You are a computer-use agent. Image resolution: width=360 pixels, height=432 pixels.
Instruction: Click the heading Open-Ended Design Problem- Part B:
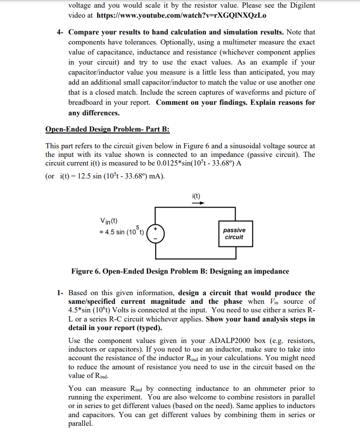[x=107, y=130]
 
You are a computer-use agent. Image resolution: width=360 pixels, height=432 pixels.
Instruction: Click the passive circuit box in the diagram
[x=234, y=233]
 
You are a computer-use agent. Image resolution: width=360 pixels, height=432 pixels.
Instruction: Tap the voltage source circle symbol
[x=156, y=233]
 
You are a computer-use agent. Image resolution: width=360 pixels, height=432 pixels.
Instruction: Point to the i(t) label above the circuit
[x=195, y=195]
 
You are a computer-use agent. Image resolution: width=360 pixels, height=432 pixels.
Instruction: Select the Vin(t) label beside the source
[x=109, y=221]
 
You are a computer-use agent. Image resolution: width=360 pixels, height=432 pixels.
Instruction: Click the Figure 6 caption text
[x=180, y=271]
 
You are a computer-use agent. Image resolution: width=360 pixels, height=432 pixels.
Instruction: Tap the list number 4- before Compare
[x=60, y=32]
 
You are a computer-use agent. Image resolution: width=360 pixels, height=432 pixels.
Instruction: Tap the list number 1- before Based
[x=60, y=293]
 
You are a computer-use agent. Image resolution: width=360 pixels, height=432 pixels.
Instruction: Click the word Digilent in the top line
[x=301, y=5]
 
